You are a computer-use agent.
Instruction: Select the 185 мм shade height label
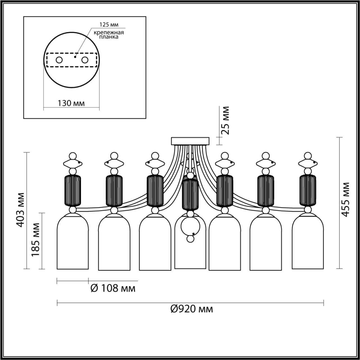35,240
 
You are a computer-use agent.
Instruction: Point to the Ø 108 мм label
113,288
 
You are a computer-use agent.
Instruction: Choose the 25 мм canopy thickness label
225,120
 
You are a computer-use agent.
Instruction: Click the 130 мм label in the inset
71,103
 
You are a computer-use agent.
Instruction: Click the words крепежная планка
109,34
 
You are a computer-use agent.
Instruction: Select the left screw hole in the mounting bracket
59,60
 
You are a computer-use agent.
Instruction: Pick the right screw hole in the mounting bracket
85,60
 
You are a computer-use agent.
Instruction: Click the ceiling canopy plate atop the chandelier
190,141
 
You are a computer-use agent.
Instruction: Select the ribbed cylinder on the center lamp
190,194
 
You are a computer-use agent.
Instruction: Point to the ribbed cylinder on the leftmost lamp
73,190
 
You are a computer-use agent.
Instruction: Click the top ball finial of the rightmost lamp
307,156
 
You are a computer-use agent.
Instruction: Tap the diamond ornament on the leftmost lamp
73,163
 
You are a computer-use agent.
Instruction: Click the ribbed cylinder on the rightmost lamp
307,190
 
